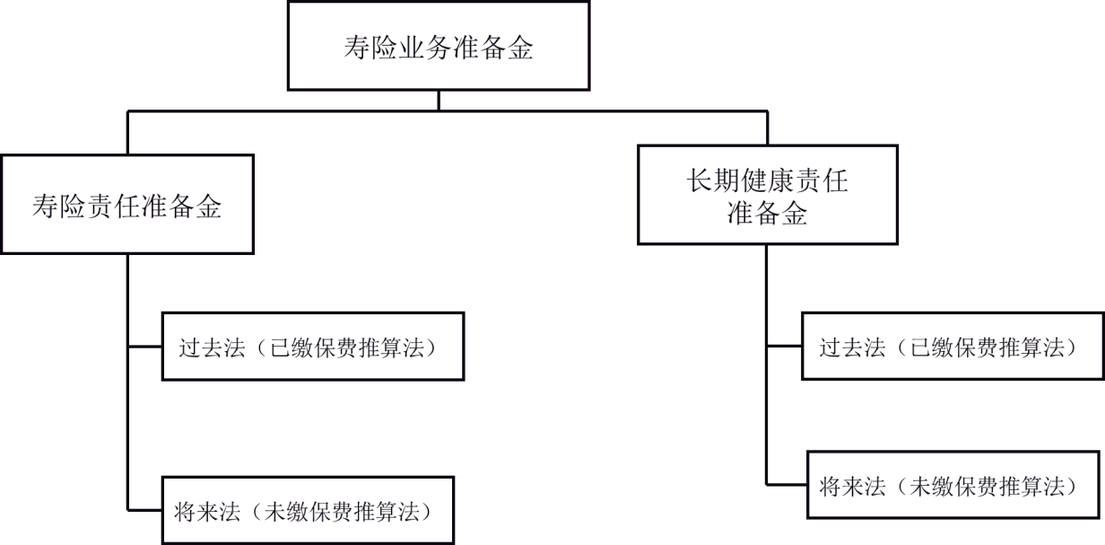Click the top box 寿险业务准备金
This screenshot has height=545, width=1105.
(x=439, y=46)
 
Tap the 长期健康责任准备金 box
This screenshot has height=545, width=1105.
(x=767, y=196)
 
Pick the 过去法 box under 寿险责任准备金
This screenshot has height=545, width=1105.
(x=312, y=347)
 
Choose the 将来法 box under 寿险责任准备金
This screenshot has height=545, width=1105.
(x=308, y=510)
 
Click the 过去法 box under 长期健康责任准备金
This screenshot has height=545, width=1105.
(x=952, y=347)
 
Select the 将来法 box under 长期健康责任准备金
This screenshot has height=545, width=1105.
(x=954, y=485)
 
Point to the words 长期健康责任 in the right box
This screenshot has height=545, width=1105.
(x=767, y=182)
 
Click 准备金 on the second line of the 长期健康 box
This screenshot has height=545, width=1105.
(x=767, y=214)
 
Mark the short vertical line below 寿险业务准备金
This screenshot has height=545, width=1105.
(x=439, y=101)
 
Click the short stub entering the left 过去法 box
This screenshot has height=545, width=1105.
(x=144, y=347)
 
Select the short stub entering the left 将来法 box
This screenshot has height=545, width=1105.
(x=144, y=510)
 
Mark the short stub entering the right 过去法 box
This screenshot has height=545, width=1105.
(x=784, y=347)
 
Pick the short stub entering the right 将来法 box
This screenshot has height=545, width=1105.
(x=787, y=485)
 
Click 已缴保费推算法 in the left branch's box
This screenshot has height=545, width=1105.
(x=347, y=347)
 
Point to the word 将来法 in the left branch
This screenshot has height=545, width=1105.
(x=207, y=512)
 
